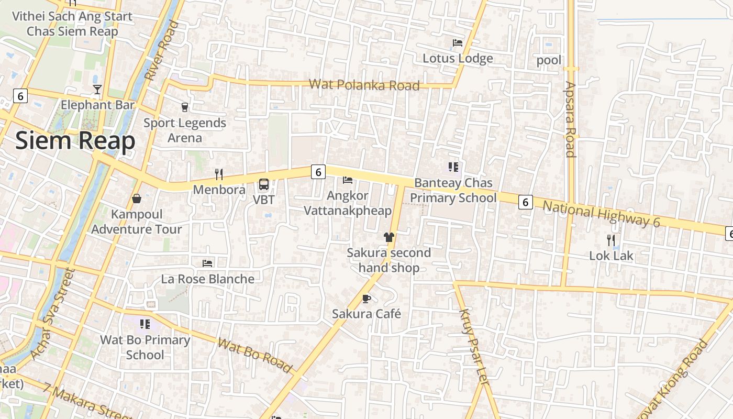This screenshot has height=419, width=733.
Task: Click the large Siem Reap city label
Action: (75, 141)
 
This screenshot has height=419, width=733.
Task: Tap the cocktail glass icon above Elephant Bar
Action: (97, 90)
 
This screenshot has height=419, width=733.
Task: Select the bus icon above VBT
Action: (264, 184)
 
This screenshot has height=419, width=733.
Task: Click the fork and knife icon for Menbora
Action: (219, 174)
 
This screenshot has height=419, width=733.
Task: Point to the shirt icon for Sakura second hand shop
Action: (388, 237)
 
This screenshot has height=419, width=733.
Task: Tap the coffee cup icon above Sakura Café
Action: (366, 299)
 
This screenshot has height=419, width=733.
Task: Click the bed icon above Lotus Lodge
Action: (458, 42)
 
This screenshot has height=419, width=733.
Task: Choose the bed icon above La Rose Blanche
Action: (207, 263)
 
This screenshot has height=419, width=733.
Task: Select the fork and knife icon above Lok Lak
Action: (611, 240)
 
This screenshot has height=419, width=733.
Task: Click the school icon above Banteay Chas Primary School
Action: (453, 167)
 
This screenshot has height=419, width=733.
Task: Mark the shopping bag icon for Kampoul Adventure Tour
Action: (137, 199)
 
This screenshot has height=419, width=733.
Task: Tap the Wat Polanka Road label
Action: (364, 85)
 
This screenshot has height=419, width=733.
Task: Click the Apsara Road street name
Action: (571, 119)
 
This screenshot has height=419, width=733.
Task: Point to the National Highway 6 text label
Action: (601, 214)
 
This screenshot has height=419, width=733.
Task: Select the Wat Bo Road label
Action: (255, 356)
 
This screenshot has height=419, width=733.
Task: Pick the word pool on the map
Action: (549, 60)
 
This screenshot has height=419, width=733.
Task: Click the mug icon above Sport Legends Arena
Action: (184, 107)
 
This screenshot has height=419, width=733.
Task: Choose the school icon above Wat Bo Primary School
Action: (145, 324)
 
